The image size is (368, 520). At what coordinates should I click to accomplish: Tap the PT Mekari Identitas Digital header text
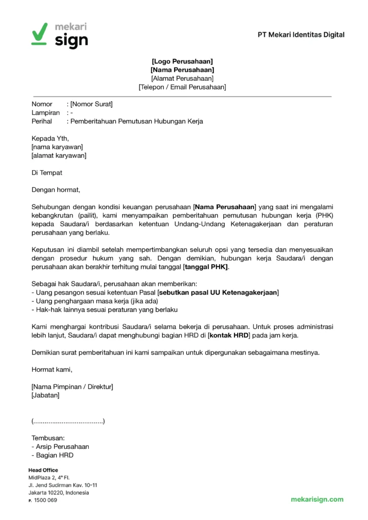pyautogui.click(x=301, y=35)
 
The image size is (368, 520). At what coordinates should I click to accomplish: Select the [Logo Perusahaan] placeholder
pyautogui.click(x=182, y=61)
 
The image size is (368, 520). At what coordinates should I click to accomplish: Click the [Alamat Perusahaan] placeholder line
pyautogui.click(x=182, y=78)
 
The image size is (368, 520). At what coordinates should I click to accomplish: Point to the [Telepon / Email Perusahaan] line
pyautogui.click(x=182, y=87)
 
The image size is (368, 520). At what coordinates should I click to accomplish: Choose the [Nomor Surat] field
pyautogui.click(x=91, y=104)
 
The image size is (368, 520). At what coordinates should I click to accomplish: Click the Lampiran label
pyautogui.click(x=46, y=113)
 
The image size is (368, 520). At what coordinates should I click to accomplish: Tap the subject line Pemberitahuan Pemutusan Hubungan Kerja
pyautogui.click(x=137, y=121)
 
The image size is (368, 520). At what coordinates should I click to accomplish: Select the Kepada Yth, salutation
pyautogui.click(x=50, y=138)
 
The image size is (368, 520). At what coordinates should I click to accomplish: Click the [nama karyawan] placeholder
pyautogui.click(x=57, y=147)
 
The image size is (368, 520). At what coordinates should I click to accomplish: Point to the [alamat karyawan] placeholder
pyautogui.click(x=59, y=155)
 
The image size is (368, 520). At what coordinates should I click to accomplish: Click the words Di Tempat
pyautogui.click(x=47, y=173)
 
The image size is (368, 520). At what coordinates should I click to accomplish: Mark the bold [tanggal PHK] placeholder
pyautogui.click(x=206, y=267)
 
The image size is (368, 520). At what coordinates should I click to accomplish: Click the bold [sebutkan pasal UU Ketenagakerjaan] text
pyautogui.click(x=218, y=293)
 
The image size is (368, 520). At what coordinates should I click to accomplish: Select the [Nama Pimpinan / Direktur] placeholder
pyautogui.click(x=72, y=386)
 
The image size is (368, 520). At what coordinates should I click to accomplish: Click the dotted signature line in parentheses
pyautogui.click(x=68, y=421)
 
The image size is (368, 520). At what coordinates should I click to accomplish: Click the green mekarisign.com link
pyautogui.click(x=317, y=500)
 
